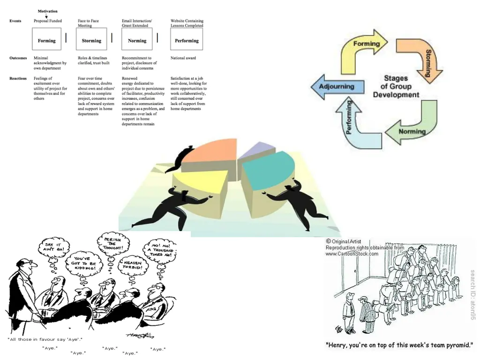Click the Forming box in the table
(47, 40)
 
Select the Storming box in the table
(91, 40)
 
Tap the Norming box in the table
(137, 40)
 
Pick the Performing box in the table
(187, 40)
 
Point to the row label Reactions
(18, 78)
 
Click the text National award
(183, 58)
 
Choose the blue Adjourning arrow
(335, 87)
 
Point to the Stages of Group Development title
(396, 86)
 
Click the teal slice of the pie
(270, 169)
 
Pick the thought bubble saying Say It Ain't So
(54, 247)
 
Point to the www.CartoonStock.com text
(352, 254)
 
